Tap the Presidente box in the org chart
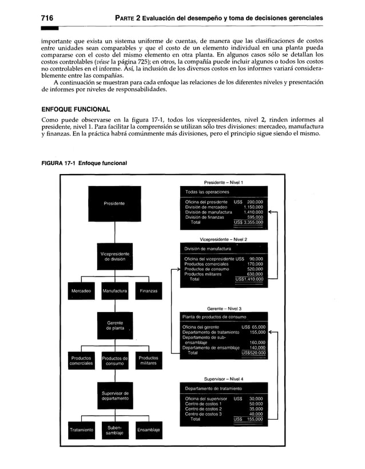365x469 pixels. (x=114, y=203)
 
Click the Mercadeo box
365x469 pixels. (x=81, y=291)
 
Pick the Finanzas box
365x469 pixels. (x=148, y=291)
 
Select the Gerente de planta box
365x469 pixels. (x=114, y=326)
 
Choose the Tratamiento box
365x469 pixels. (x=81, y=429)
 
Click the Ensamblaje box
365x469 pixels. (x=148, y=429)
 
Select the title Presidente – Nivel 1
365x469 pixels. (x=224, y=182)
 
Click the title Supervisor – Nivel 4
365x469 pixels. (x=224, y=379)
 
